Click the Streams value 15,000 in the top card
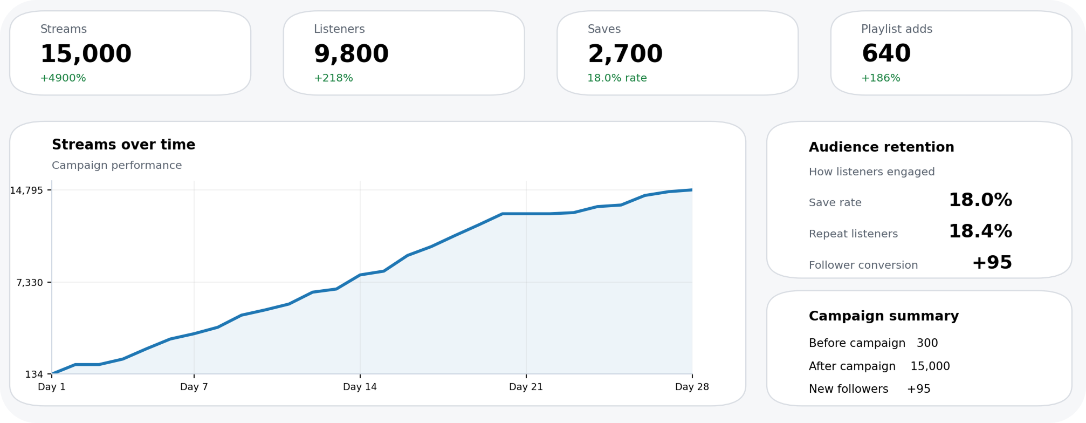[86, 54]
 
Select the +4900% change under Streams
[63, 78]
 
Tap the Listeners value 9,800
[351, 54]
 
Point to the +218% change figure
[333, 78]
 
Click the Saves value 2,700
[625, 54]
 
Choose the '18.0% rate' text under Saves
[617, 78]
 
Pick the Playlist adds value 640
[886, 54]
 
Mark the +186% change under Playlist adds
[881, 78]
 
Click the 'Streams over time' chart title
[123, 145]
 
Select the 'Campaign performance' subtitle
[116, 165]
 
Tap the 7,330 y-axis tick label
[30, 283]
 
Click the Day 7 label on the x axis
[194, 387]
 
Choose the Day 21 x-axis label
[526, 387]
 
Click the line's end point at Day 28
[692, 190]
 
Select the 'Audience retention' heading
[881, 147]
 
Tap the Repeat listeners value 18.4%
[980, 231]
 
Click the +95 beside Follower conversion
[992, 263]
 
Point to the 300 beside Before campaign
[927, 343]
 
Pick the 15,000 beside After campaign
[930, 366]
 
